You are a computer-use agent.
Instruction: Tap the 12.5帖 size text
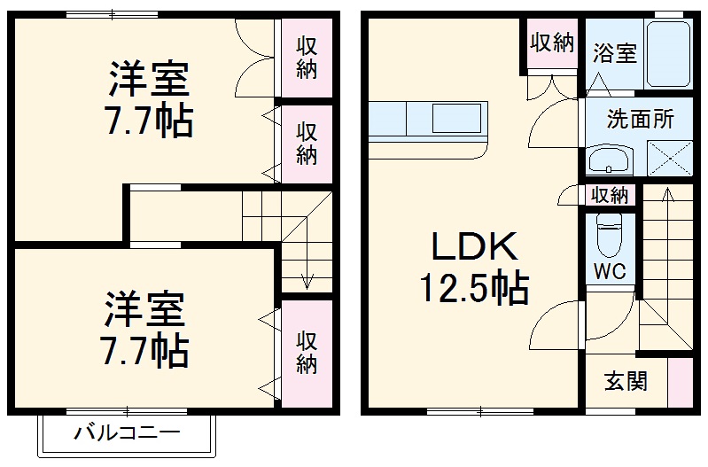point(473,287)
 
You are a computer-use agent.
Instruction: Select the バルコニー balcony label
point(127,434)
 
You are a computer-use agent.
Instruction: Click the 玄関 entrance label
point(626,381)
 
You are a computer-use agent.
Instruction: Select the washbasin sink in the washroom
point(609,161)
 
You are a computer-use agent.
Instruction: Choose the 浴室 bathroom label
point(614,53)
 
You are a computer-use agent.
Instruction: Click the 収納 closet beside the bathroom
point(551,43)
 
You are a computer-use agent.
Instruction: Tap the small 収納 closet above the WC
point(610,195)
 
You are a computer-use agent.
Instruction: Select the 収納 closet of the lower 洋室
point(307,352)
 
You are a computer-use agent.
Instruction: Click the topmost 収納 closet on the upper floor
point(307,58)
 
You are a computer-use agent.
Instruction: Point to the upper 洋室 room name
point(149,80)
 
